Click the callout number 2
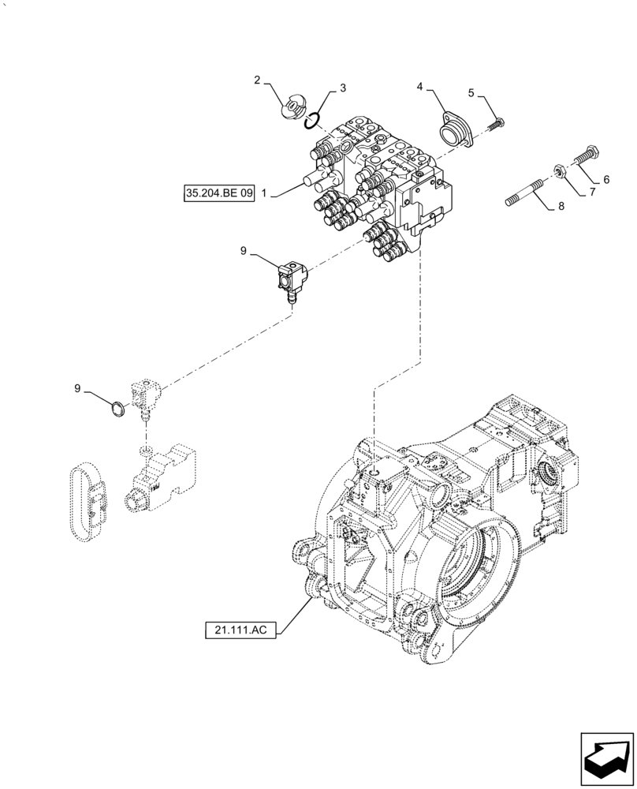point(257,80)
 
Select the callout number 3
point(343,90)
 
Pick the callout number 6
point(606,180)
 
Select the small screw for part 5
point(497,123)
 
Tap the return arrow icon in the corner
point(607,758)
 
